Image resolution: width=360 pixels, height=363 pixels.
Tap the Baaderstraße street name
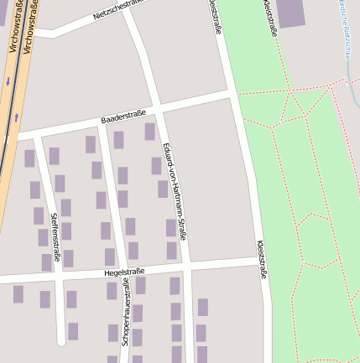123,117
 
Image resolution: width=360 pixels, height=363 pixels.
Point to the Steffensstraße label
55,236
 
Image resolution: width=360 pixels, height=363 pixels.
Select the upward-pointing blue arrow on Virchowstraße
16,118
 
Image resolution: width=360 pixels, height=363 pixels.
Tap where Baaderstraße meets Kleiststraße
234,94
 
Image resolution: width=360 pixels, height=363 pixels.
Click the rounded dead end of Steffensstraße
60,340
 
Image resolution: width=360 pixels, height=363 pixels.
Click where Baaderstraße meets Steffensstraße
35,135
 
